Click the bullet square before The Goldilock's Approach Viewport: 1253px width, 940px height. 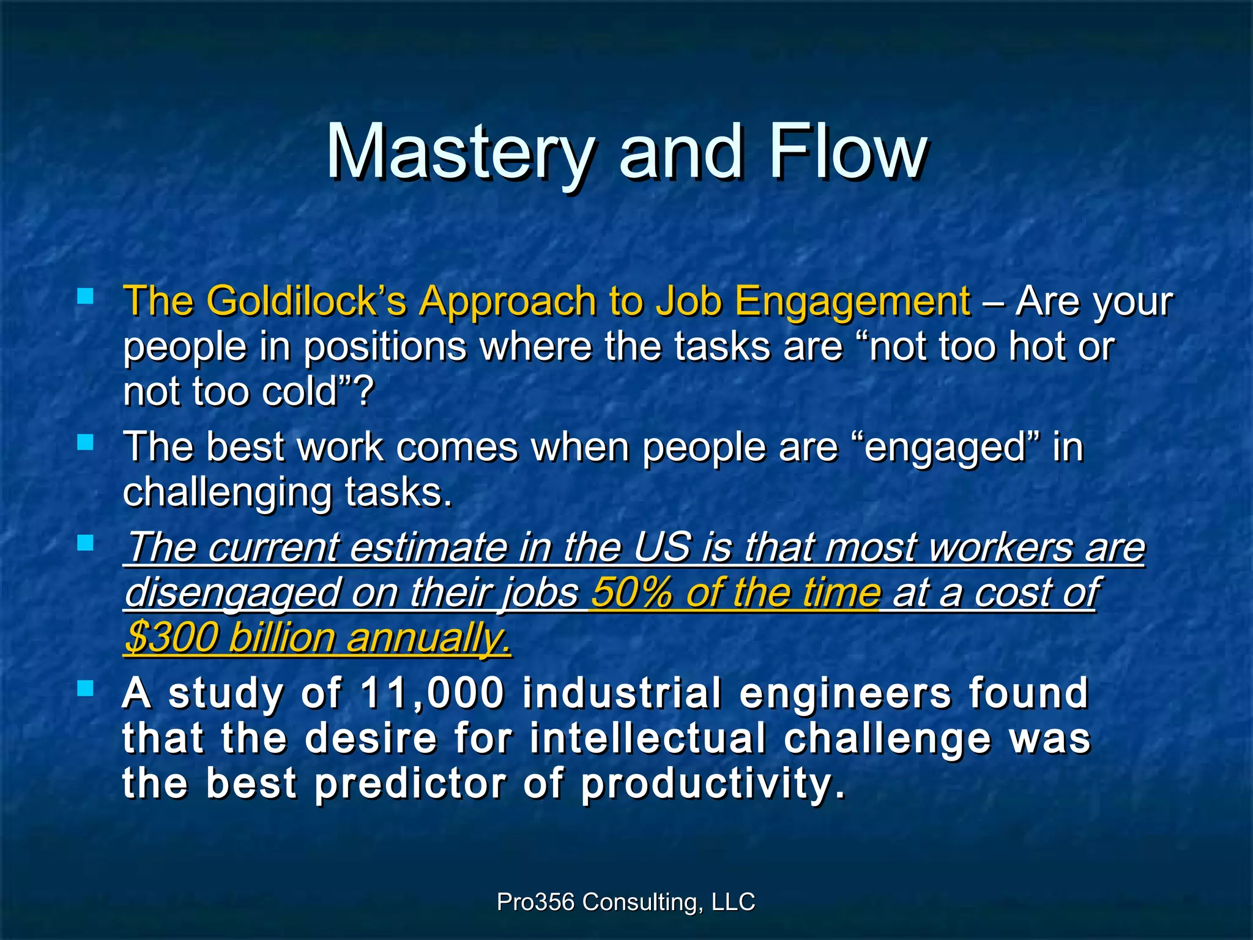86,297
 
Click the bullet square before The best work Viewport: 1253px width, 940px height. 86,442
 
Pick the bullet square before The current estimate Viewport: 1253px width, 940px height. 86,542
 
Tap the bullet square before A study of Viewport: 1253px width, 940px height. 86,689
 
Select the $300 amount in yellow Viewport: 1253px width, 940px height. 171,638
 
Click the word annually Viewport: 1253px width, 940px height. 428,639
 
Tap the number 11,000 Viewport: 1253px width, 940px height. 432,693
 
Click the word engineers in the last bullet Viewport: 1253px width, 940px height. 845,693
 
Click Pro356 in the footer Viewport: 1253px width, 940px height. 535,902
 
